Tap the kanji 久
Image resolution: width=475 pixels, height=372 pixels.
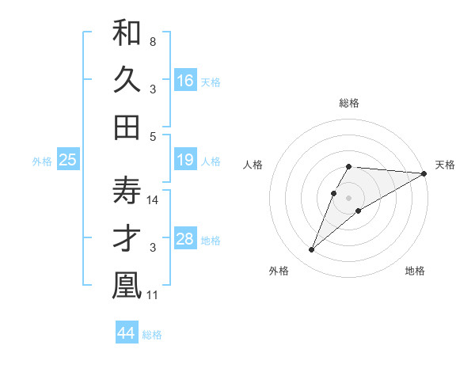[x=127, y=79]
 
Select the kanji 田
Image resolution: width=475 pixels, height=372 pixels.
[x=127, y=127]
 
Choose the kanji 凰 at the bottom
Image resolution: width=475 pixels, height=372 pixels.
[x=127, y=285]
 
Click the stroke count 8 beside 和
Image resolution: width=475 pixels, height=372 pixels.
[x=152, y=41]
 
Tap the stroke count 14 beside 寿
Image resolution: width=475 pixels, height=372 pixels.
[x=154, y=199]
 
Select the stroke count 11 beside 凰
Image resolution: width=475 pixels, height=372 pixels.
[x=154, y=295]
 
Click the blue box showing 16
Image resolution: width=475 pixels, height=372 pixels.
[x=185, y=81]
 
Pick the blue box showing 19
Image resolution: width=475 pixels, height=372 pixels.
[x=185, y=160]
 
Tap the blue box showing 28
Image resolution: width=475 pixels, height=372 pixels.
[x=185, y=239]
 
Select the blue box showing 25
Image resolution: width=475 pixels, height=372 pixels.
[x=68, y=160]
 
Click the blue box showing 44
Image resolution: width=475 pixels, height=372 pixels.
[x=127, y=333]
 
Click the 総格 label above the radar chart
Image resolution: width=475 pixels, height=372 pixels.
[x=349, y=103]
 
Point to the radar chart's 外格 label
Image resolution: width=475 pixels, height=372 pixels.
[x=279, y=271]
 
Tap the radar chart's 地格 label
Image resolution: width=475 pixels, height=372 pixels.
[x=415, y=271]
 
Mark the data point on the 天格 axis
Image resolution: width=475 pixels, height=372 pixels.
[x=424, y=173]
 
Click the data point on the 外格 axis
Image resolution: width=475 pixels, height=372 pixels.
[x=311, y=250]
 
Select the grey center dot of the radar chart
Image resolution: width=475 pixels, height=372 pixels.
[x=348, y=198]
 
